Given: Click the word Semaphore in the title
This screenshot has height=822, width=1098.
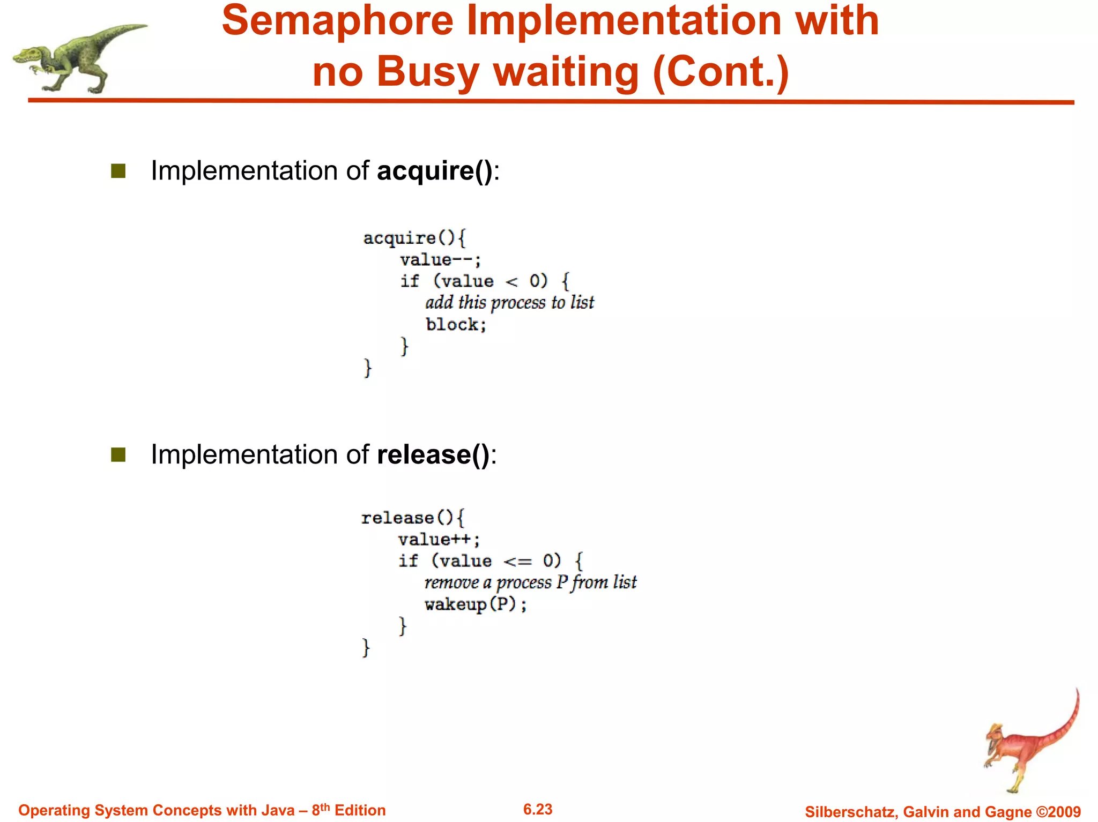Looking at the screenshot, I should point(338,21).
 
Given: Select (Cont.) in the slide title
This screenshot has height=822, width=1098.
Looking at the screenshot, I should point(721,72).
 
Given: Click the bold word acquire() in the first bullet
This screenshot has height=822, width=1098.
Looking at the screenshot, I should point(435,171).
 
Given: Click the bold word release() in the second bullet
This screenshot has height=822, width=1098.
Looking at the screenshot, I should point(433,455).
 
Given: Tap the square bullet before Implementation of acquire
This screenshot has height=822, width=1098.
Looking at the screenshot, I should point(118,171).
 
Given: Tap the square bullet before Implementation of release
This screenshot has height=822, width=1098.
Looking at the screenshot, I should point(118,455).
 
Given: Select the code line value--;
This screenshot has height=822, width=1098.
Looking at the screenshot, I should point(440,260).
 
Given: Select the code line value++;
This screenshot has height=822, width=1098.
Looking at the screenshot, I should point(439,540).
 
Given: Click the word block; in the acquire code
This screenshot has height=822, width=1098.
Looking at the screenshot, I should point(456,325).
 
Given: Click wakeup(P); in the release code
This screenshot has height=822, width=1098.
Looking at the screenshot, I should point(476,605).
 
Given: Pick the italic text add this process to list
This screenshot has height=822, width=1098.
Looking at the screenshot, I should point(509,303).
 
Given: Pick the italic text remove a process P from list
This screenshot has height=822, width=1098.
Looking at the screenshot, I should point(530,582).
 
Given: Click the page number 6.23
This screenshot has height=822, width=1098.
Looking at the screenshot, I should point(538,810).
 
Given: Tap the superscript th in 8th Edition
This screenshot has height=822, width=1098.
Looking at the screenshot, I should point(325,806).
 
